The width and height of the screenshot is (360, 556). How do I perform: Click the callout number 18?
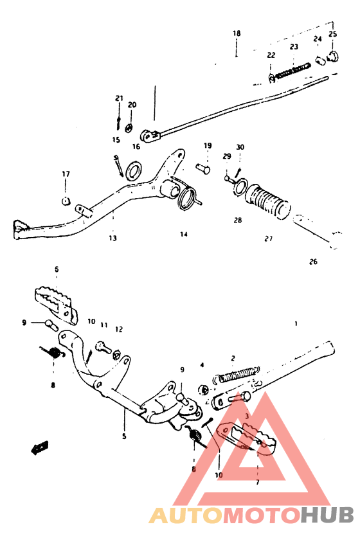[x=237, y=33]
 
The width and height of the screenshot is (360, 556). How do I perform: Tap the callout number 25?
[x=332, y=34]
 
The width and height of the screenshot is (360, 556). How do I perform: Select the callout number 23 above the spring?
[x=294, y=47]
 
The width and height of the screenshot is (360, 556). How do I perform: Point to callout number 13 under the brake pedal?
[x=113, y=238]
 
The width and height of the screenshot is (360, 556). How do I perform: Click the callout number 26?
[x=313, y=262]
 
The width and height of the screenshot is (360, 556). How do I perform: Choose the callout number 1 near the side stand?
[x=296, y=323]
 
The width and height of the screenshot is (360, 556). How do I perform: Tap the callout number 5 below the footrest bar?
[x=125, y=436]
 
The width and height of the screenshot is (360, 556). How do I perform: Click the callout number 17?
[x=66, y=174]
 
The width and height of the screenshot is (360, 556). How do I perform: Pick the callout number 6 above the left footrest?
[x=57, y=269]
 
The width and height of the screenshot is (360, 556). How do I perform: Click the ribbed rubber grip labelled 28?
[x=269, y=202]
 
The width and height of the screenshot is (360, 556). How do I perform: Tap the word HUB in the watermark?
[x=327, y=515]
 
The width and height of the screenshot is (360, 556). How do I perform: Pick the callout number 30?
[x=240, y=147]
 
